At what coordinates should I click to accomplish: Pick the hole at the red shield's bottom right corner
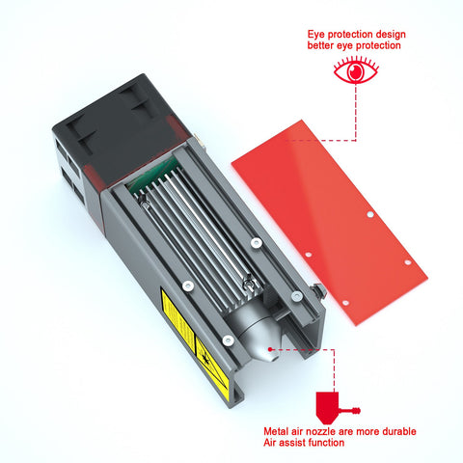408,260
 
